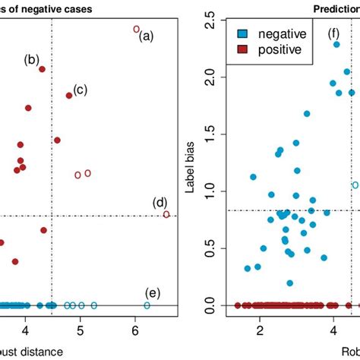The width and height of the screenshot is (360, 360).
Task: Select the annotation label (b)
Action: (32, 60)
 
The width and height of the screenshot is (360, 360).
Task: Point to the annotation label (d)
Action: (159, 202)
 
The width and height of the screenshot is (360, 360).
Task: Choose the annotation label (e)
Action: (153, 293)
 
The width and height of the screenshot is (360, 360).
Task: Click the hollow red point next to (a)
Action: (136, 29)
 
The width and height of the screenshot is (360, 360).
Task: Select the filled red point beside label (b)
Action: (43, 69)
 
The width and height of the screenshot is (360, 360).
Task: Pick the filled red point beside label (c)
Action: (69, 95)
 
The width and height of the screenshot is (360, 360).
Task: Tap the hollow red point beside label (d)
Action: (166, 214)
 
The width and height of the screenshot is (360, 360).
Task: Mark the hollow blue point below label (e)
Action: (147, 305)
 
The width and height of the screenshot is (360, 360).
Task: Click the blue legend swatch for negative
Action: (242, 34)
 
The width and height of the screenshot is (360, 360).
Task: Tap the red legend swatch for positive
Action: (242, 49)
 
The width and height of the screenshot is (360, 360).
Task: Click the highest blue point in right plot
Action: (336, 44)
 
